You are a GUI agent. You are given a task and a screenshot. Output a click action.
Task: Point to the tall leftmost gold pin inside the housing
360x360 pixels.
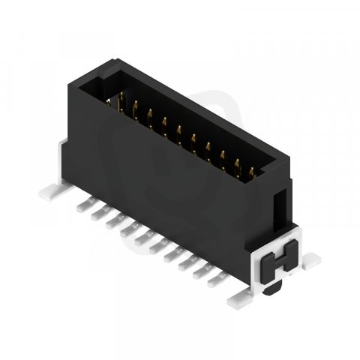click(x=122, y=105)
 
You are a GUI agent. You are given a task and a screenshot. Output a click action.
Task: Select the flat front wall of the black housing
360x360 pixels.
click(x=172, y=187)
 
